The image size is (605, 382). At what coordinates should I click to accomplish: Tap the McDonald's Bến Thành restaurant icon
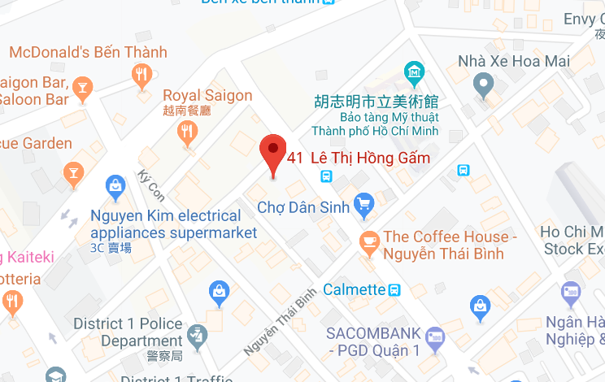(142, 76)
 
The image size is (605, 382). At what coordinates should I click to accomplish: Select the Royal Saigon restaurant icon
(189, 131)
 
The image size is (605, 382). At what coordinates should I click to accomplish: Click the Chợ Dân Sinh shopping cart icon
(363, 203)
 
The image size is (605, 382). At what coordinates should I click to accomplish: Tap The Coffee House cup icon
(369, 241)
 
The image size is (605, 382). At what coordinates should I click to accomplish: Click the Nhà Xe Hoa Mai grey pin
(485, 82)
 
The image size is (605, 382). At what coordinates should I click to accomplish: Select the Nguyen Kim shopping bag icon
(115, 189)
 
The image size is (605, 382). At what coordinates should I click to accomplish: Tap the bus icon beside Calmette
(394, 289)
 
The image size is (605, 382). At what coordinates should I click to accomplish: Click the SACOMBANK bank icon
(435, 335)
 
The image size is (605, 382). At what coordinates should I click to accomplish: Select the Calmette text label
(354, 289)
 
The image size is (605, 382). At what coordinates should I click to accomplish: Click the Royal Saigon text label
(207, 96)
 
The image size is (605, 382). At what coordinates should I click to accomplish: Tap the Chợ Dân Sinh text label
(303, 207)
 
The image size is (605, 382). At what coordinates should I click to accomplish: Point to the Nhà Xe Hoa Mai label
(514, 61)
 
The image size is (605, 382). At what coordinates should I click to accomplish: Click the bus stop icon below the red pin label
(325, 176)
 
